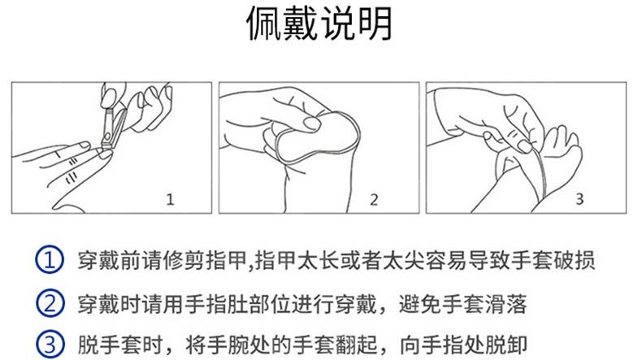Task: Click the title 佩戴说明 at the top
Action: [x=319, y=24]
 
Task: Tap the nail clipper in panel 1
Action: [x=114, y=127]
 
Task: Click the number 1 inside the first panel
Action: [x=171, y=199]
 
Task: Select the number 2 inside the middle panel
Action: [x=374, y=199]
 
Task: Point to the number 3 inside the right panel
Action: [x=579, y=199]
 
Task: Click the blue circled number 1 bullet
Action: [x=50, y=260]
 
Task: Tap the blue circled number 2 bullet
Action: [x=50, y=303]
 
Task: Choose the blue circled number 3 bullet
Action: [x=50, y=345]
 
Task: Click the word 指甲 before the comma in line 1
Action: [x=226, y=260]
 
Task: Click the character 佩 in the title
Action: [x=264, y=24]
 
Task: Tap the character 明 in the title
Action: [x=375, y=24]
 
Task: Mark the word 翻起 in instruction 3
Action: [x=355, y=345]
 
